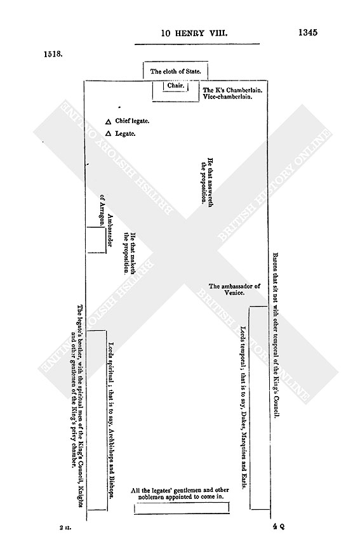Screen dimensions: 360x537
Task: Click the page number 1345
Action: pos(308,32)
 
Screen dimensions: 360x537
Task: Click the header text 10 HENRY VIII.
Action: pos(194,33)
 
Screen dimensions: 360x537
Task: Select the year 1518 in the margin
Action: pos(53,54)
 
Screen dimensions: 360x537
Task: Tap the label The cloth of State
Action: pos(175,72)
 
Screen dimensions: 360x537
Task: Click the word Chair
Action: pos(176,86)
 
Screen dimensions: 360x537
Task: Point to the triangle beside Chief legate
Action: pos(108,122)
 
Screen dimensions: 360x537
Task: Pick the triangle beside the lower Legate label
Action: pos(108,133)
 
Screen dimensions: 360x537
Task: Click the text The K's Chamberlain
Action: pos(232,90)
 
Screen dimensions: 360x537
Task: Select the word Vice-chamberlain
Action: pos(227,97)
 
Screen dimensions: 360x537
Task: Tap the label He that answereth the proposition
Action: pos(207,182)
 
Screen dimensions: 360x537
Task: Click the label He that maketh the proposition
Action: pos(130,254)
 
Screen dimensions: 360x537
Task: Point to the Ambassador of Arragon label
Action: pos(106,221)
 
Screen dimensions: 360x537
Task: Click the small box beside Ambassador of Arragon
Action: pos(97,240)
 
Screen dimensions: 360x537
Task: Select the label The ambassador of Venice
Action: pos(235,289)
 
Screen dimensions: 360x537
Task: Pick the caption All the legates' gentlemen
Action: pos(180,493)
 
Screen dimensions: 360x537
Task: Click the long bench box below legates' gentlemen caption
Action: pos(182,508)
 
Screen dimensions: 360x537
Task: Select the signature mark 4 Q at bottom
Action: pos(279,527)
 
